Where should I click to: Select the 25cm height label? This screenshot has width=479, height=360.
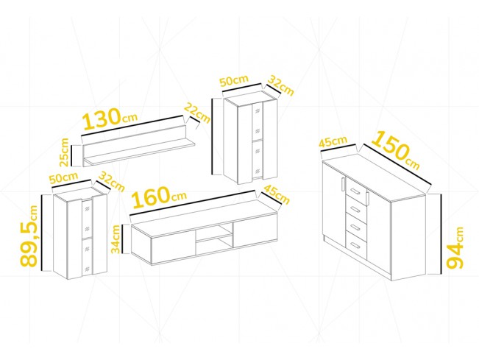coord(65,152)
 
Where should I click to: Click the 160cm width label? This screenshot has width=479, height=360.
coord(159,197)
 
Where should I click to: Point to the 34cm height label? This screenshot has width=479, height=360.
coord(116,239)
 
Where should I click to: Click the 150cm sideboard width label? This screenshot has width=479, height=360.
coord(396,149)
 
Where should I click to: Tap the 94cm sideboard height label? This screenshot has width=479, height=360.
coord(455,247)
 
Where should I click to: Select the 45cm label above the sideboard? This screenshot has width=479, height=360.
coord(333,142)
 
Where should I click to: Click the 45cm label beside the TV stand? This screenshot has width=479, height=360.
coord(276,194)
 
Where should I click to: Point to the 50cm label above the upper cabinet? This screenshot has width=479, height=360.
coord(235,81)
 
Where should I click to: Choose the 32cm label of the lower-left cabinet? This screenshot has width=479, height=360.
coord(112,182)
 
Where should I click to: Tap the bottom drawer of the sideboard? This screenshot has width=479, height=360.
coord(355,245)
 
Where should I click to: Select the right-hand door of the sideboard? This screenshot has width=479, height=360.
coord(378,227)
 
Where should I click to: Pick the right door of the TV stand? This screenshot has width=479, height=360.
coord(255,231)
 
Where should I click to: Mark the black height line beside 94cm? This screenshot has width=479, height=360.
coord(441,234)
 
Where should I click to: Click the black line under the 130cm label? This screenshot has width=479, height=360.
coord(132,125)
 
